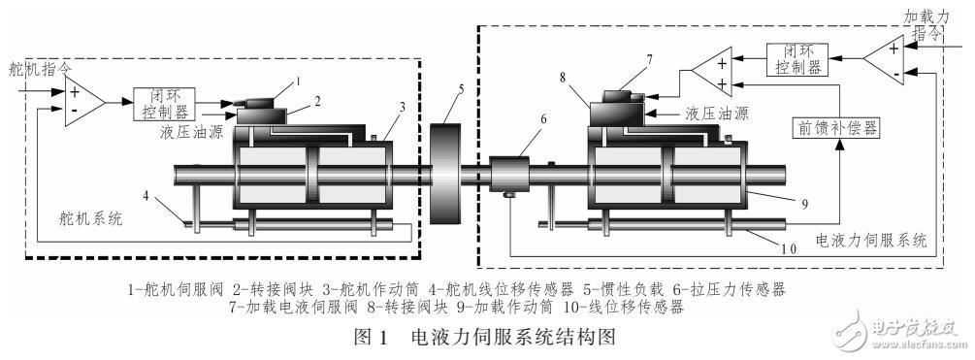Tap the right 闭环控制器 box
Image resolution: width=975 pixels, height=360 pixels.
(x=796, y=59)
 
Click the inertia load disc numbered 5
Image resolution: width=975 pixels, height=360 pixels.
(x=446, y=176)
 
